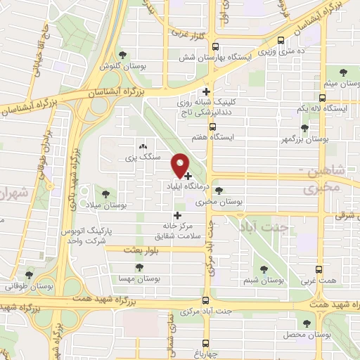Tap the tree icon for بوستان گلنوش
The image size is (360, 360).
point(124,55)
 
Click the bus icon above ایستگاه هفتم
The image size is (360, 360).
point(207,120)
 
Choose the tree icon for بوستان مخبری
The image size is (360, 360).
point(219,191)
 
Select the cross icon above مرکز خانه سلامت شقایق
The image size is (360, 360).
point(177,215)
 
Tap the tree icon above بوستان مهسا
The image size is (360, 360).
point(139,268)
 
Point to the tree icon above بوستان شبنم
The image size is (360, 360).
point(265,269)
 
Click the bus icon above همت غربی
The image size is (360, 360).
point(321,269)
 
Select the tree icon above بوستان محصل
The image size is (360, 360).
point(306,323)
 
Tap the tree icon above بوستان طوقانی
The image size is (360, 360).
point(29,275)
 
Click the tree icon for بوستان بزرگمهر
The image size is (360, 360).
point(304,129)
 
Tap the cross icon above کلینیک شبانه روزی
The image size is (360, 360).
point(206,91)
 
